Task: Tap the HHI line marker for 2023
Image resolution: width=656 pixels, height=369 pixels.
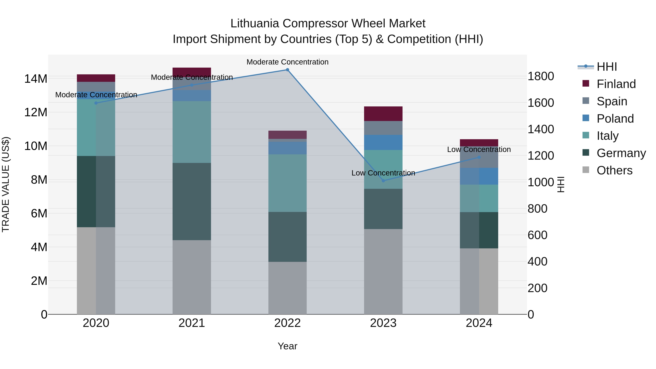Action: click(383, 181)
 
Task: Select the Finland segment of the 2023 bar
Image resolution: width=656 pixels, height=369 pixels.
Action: click(383, 114)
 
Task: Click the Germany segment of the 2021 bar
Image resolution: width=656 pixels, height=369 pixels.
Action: click(192, 201)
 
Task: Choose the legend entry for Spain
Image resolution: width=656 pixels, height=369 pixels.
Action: click(612, 101)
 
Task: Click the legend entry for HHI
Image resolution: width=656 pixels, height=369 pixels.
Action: click(607, 67)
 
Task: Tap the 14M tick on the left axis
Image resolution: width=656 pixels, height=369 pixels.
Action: click(36, 79)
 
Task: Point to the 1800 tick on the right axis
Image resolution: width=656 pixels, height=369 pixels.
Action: click(541, 76)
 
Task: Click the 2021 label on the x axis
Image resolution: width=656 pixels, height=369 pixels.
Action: click(192, 323)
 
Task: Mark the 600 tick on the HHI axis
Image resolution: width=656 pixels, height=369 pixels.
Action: click(537, 235)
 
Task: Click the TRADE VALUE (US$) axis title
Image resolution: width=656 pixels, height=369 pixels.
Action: click(6, 184)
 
